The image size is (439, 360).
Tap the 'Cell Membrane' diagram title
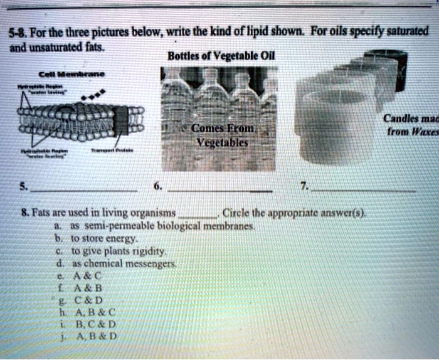[67, 73]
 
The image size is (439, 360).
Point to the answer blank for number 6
[220, 189]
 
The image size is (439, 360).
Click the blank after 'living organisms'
[200, 213]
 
